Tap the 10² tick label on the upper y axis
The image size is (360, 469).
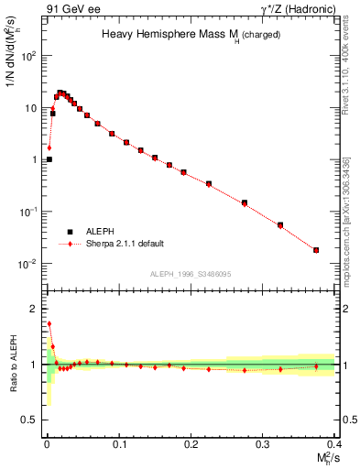[28, 56]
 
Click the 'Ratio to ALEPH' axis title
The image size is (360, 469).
[14, 363]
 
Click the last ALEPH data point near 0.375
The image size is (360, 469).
[316, 250]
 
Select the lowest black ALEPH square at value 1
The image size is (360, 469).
[49, 159]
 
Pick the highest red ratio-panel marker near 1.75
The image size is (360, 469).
[49, 323]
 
